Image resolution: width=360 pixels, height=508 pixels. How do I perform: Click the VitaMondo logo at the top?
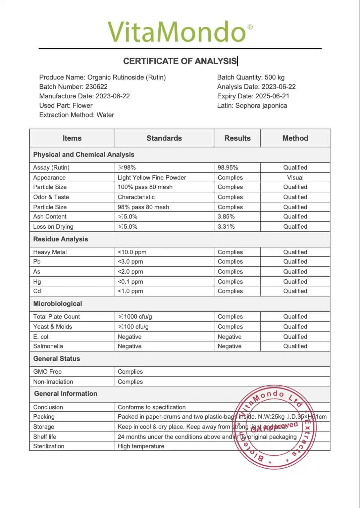[x=180, y=32]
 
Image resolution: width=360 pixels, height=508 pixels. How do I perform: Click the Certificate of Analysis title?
[x=180, y=61]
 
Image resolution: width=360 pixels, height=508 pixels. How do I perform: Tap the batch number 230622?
[x=96, y=87]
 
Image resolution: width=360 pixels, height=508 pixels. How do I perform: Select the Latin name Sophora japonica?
[x=261, y=105]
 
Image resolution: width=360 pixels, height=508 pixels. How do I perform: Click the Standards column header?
[x=164, y=138]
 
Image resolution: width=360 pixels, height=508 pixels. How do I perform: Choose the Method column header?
[x=295, y=138]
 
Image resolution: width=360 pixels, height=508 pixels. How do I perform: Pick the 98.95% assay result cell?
[x=228, y=168]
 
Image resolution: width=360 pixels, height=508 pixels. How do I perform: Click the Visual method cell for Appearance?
[x=295, y=178]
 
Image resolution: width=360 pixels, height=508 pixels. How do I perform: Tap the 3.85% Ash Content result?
[x=226, y=217]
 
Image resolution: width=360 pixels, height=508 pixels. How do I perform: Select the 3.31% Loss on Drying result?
[x=226, y=227]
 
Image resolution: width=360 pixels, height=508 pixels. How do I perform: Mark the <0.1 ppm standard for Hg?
[x=130, y=282]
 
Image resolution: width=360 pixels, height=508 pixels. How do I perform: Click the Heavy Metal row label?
[x=50, y=252]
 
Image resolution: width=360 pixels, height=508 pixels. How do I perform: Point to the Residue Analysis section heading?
[x=61, y=239]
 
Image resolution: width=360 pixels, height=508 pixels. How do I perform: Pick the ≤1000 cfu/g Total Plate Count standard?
[x=135, y=317]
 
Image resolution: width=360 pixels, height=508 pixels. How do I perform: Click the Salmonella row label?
[x=48, y=346]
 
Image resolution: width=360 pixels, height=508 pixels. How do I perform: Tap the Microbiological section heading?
[x=58, y=304]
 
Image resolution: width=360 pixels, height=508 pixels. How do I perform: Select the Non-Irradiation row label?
[x=53, y=382]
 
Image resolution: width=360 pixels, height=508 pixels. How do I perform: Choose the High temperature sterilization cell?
[x=141, y=446]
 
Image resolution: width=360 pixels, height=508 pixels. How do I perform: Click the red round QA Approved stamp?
[x=275, y=427]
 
